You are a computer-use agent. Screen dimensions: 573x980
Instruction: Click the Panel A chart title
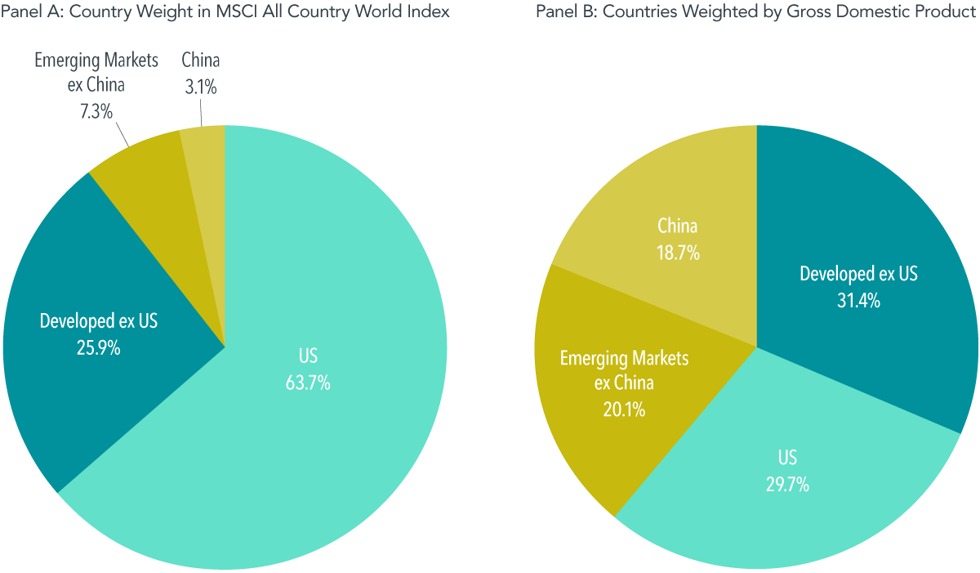[225, 13]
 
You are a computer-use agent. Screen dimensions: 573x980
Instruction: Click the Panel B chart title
[757, 13]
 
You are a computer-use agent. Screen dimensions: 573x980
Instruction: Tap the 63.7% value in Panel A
[308, 383]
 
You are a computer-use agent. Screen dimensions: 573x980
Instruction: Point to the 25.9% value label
[98, 348]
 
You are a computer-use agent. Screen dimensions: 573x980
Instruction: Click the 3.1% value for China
[201, 87]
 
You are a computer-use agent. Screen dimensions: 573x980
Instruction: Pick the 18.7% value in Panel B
[678, 253]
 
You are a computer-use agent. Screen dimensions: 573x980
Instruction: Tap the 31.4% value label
[858, 301]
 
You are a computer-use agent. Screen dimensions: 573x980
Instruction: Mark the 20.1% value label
[624, 410]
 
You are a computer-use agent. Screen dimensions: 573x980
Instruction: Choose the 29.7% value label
[787, 485]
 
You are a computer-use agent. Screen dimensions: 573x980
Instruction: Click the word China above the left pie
[201, 60]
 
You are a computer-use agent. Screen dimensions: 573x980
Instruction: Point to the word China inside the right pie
[678, 226]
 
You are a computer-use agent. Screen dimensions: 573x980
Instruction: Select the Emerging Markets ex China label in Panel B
[624, 370]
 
